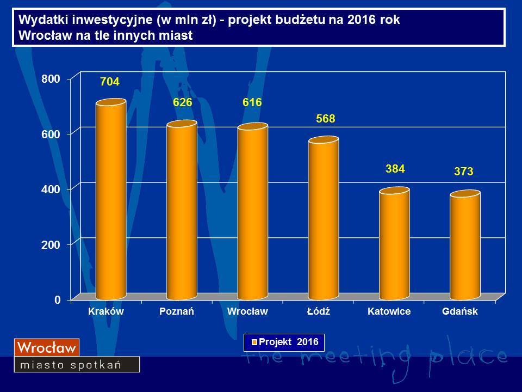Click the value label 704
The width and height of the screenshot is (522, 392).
pos(109,82)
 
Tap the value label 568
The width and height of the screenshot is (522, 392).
pos(325,119)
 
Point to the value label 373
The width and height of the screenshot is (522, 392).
pos(464,171)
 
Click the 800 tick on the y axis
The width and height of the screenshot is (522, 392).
pos(48,79)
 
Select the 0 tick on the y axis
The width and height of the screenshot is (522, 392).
pos(57,300)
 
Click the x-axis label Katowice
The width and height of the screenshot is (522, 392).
pos(389,312)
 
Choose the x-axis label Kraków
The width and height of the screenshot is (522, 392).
pos(105,312)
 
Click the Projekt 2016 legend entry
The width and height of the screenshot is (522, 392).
pos(284,342)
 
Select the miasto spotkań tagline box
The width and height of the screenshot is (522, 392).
pos(77,364)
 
